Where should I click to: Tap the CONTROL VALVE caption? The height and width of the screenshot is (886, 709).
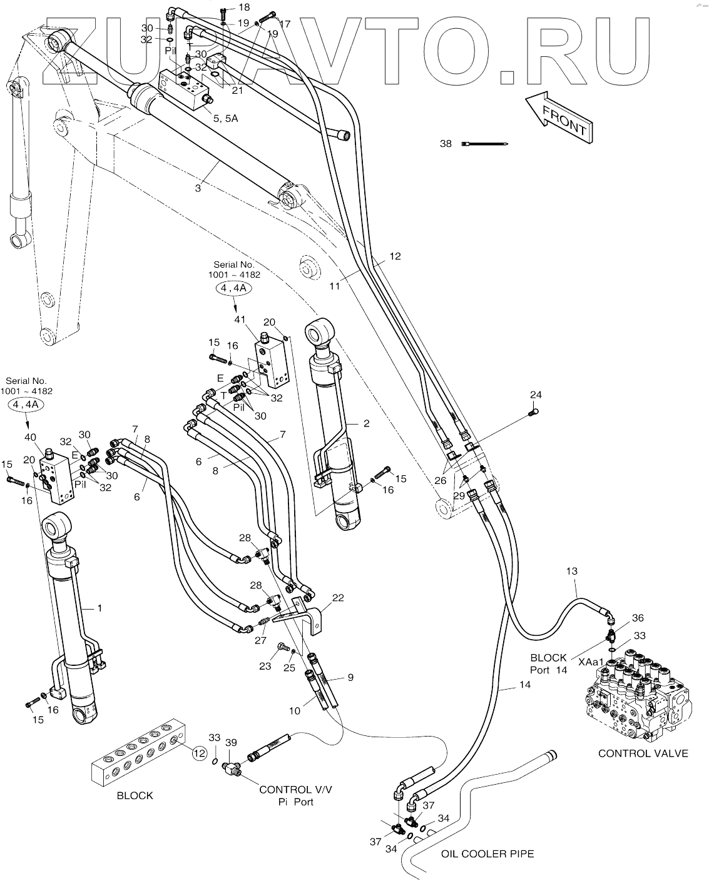[643, 753]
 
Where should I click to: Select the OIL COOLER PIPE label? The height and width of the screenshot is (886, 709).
[487, 853]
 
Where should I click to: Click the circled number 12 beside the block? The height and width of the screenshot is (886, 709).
[199, 753]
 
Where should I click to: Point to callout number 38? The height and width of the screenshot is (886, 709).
[445, 143]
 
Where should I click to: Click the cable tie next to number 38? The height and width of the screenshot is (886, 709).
[485, 144]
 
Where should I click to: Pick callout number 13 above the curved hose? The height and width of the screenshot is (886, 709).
[571, 571]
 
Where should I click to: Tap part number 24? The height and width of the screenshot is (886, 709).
[536, 395]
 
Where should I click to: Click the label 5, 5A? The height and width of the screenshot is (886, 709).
[225, 118]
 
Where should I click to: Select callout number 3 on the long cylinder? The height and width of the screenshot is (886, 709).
[198, 188]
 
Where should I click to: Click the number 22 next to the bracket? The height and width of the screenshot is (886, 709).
[338, 598]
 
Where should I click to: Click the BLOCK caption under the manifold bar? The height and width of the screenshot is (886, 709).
[135, 795]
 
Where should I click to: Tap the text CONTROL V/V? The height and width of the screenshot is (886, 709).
[295, 789]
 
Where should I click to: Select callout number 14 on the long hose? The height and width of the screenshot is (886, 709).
[524, 685]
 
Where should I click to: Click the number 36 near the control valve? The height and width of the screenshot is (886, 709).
[637, 618]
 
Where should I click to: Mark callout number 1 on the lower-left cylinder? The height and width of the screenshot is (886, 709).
[99, 607]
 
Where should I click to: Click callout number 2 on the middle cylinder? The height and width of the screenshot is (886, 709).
[366, 423]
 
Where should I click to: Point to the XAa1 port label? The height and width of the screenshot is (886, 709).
[591, 662]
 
